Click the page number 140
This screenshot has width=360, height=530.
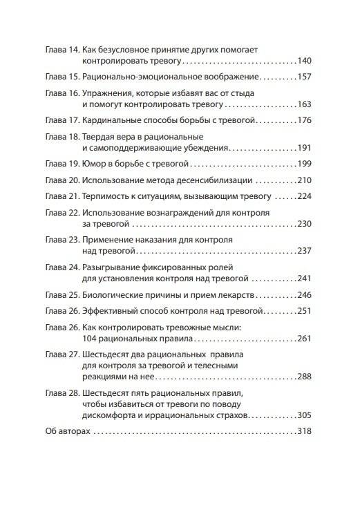(x=304, y=62)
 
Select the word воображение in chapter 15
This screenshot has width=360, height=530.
(x=227, y=78)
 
